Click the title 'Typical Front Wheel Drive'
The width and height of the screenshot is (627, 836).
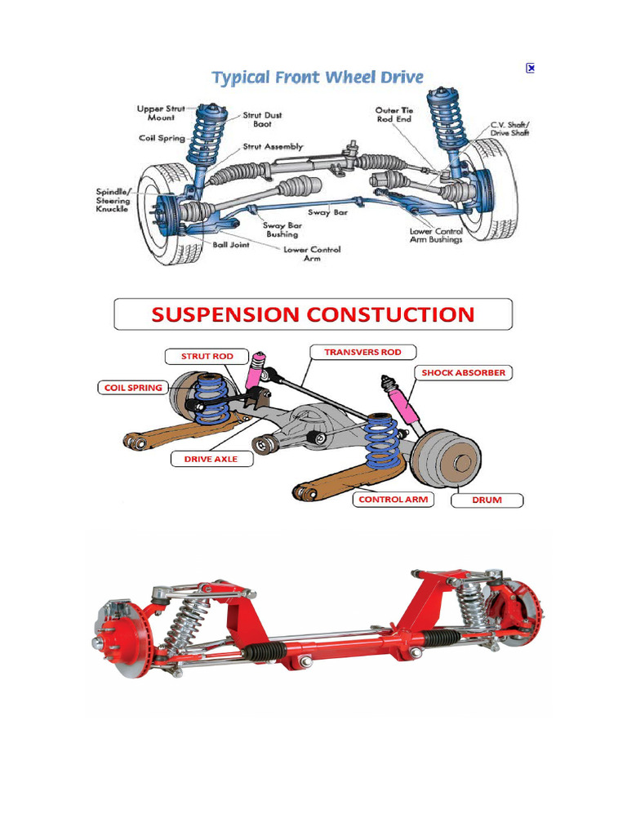pos(318,78)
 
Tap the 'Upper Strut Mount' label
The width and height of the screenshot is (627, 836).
pos(162,113)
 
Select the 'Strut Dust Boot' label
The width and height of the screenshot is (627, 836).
pos(262,120)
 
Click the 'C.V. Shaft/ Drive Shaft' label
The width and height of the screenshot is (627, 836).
pos(509,129)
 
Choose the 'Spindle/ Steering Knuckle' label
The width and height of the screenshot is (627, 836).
pos(113,201)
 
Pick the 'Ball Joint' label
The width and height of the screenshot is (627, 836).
pos(231,244)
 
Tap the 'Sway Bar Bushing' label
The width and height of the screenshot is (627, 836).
pos(281,229)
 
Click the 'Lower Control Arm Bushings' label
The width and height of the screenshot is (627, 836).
pos(436,235)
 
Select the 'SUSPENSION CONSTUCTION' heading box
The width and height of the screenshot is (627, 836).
pos(313,314)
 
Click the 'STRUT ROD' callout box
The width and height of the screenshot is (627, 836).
pos(207,356)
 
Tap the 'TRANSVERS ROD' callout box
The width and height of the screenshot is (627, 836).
pos(362,352)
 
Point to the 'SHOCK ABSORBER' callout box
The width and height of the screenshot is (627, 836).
pos(463,372)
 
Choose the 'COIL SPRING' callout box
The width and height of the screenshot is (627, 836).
pos(133,388)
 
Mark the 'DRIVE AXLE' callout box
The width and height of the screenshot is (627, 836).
pos(211,459)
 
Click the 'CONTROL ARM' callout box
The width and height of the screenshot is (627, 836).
pos(393,499)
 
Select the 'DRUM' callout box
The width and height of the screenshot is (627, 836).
pos(487,500)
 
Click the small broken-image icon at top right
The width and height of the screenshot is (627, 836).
pos(530,69)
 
